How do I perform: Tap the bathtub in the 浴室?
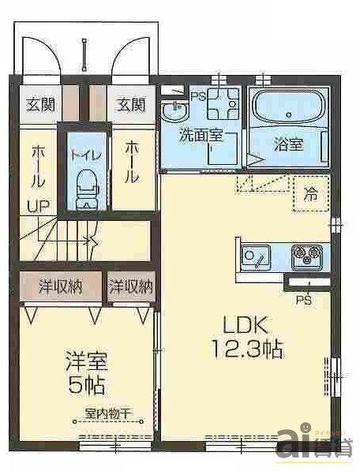coord(286,107)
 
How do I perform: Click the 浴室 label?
coord(288,145)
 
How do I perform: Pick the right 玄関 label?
coord(132,104)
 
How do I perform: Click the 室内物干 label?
coord(107,413)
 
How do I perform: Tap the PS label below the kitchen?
coord(302,301)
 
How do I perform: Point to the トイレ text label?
coord(83,155)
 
